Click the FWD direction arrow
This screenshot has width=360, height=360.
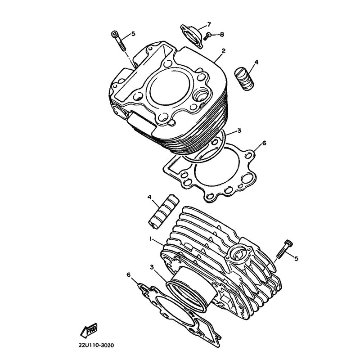pyautogui.click(x=89, y=330)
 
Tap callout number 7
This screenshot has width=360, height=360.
pyautogui.click(x=209, y=24)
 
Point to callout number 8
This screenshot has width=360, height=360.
pyautogui.click(x=222, y=35)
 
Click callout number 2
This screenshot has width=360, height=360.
pyautogui.click(x=223, y=50)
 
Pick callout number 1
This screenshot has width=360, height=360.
pyautogui.click(x=150, y=239)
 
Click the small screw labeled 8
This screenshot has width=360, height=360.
pyautogui.click(x=207, y=36)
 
